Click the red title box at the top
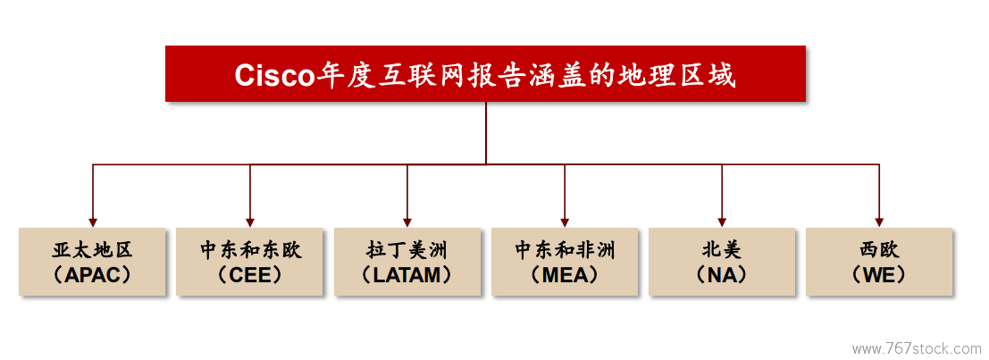(485, 73)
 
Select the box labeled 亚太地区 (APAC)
(92, 262)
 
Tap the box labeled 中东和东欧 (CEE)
(250, 262)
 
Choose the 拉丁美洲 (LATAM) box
(406, 262)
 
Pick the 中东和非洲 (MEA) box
(565, 262)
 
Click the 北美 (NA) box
(722, 262)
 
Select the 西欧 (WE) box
(879, 262)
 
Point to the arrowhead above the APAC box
(93, 222)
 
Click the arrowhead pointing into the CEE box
(250, 222)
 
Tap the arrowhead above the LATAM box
(407, 222)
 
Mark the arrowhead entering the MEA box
(565, 222)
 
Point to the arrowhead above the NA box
(722, 222)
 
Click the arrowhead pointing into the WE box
(879, 222)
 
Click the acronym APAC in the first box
(92, 275)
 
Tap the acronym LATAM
(406, 275)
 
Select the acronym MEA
(565, 275)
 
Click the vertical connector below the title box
(486, 133)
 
